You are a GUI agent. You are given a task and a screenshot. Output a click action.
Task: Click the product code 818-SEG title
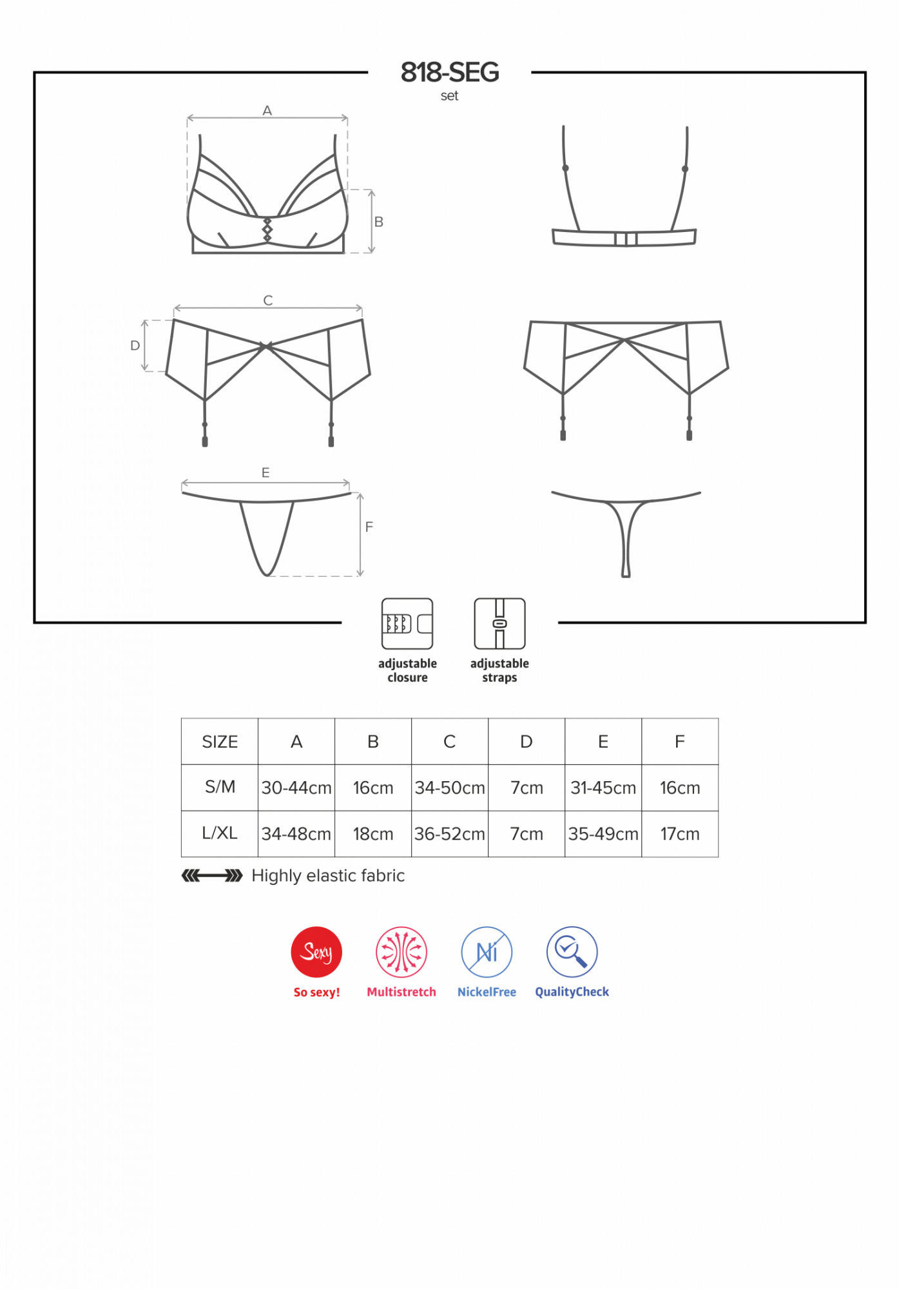coord(450,72)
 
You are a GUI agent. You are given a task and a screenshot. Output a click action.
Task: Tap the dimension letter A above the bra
coord(267,111)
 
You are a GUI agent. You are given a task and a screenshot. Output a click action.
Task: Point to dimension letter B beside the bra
coord(379,222)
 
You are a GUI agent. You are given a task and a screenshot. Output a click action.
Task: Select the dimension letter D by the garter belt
coord(135,345)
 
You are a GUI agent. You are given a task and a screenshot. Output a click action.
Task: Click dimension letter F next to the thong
coord(369,527)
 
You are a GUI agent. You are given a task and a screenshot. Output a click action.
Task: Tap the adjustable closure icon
coord(407,623)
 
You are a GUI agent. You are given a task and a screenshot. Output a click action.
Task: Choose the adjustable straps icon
coord(499,623)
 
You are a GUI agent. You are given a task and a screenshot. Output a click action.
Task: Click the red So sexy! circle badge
coord(316,952)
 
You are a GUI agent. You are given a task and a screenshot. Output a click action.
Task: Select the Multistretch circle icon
coord(401,952)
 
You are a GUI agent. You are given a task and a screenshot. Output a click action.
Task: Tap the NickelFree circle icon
coord(487,952)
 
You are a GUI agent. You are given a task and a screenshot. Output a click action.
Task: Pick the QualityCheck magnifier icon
coord(572,952)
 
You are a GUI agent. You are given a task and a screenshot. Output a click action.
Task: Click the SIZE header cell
coord(220,742)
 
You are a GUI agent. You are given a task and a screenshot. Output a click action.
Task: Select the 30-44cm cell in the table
coord(296,788)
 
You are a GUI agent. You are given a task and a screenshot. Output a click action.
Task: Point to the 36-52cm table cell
coord(450,834)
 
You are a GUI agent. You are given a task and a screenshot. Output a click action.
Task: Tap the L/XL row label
coord(220,833)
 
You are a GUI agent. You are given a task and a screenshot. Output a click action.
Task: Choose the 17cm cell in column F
coord(680,834)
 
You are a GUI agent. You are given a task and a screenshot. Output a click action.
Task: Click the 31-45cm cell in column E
coord(603,788)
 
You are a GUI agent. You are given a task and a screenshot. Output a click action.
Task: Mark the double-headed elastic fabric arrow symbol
coord(212,875)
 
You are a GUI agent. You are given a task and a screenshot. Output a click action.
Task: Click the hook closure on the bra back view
coord(626,239)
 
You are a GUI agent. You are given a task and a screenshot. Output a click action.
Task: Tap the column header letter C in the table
coord(450,742)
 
